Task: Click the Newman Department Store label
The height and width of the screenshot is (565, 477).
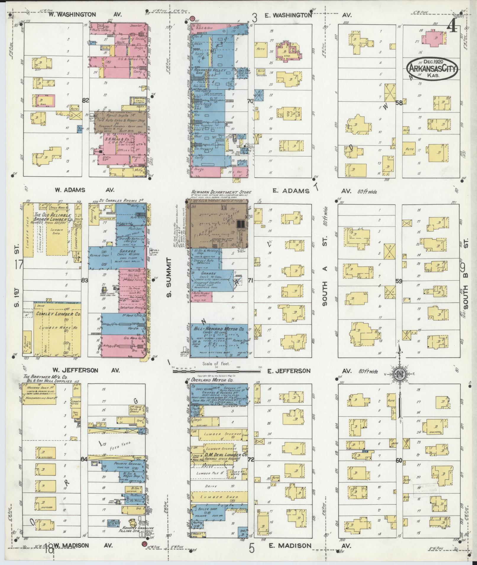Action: click(217, 192)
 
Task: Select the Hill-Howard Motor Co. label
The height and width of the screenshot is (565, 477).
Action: click(219, 328)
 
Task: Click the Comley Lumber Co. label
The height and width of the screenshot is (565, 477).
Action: click(58, 314)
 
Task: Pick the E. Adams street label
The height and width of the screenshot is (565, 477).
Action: click(291, 191)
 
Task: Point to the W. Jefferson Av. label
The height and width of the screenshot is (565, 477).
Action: click(86, 370)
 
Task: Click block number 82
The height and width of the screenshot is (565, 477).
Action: click(85, 100)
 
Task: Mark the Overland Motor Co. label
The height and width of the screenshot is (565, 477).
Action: click(211, 380)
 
